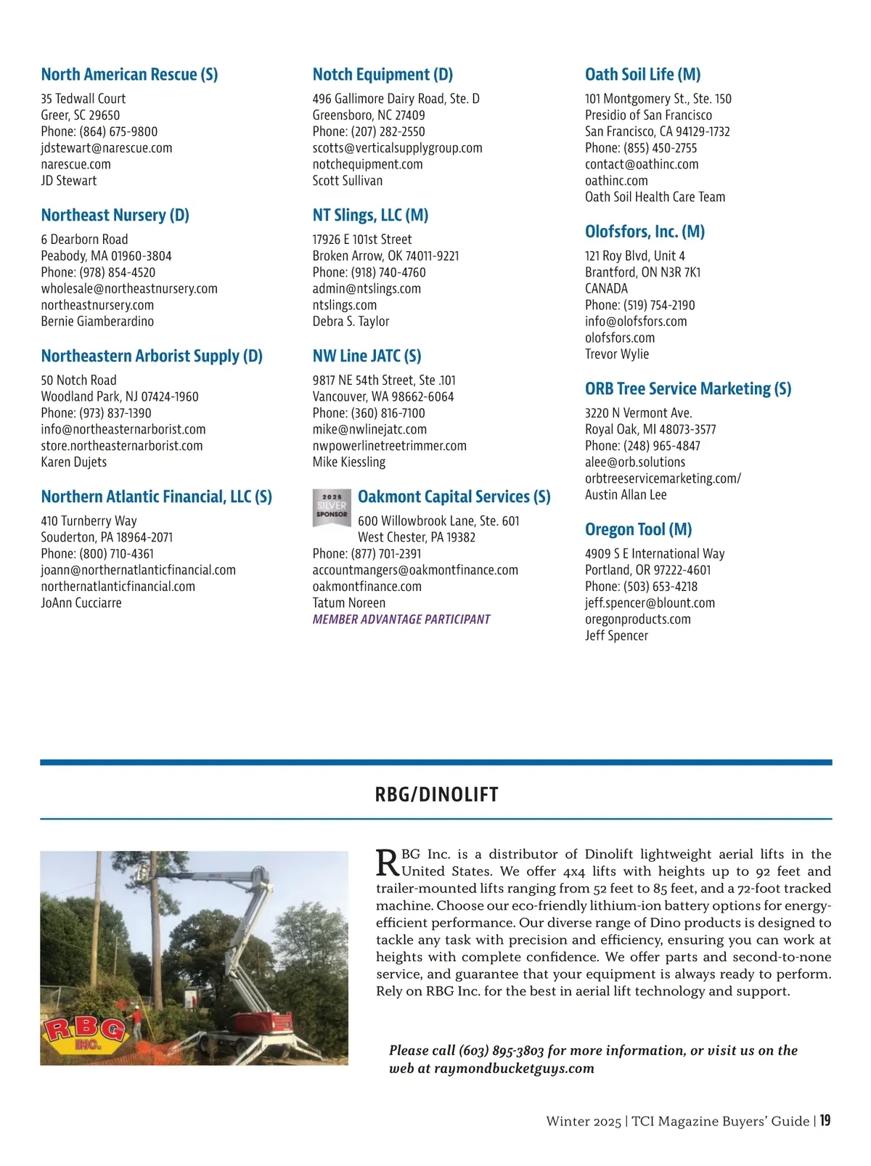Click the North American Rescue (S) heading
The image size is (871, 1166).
tap(129, 75)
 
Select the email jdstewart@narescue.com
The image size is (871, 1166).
tap(107, 148)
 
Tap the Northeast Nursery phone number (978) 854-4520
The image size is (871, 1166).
tap(117, 272)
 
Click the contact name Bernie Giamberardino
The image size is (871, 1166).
tap(97, 322)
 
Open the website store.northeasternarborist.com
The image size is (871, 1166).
tap(122, 446)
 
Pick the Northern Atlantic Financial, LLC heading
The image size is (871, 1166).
tap(156, 497)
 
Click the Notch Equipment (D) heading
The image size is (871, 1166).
tap(383, 75)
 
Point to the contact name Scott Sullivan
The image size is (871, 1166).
tap(348, 181)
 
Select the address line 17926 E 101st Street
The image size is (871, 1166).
tap(362, 240)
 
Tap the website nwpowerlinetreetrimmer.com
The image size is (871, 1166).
tap(390, 446)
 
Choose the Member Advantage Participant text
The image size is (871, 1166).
tap(401, 619)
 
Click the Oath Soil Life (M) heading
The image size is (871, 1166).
tap(642, 75)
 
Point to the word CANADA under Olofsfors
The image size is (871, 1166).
tap(606, 289)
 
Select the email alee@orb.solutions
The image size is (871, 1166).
tap(635, 462)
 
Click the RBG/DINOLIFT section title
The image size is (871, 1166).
tap(436, 794)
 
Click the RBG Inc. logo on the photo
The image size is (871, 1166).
tap(85, 1035)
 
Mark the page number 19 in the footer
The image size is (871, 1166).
tap(825, 1121)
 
